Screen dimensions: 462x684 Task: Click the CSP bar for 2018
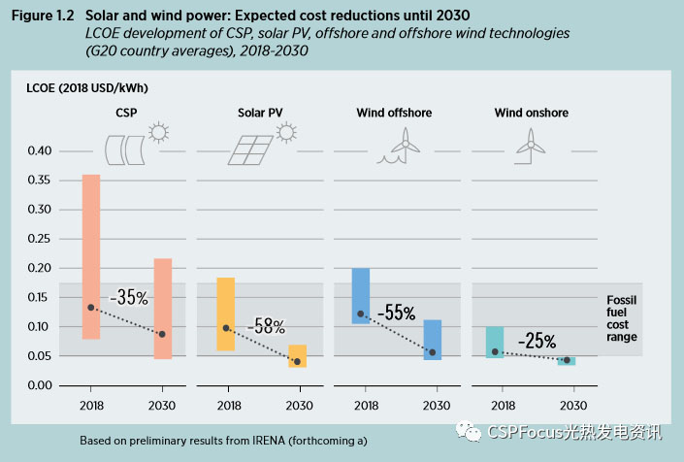click(x=91, y=256)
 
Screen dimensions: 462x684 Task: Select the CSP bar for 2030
click(x=163, y=308)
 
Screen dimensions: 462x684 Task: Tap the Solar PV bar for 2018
click(x=225, y=313)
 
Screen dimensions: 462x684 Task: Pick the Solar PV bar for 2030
click(x=298, y=355)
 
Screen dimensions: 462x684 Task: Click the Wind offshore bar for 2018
click(x=360, y=295)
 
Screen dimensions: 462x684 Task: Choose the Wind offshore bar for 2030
click(x=433, y=340)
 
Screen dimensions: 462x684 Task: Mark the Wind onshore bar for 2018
click(x=495, y=342)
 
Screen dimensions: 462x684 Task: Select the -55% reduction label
click(x=397, y=313)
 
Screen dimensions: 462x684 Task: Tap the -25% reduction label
click(x=536, y=341)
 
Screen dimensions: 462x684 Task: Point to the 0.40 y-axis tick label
click(x=38, y=150)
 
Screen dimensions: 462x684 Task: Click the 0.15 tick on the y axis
click(x=38, y=297)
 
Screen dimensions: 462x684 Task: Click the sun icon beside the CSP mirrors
click(x=158, y=131)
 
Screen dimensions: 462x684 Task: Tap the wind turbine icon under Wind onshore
click(x=530, y=142)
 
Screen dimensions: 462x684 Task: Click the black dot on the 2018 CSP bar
click(x=91, y=308)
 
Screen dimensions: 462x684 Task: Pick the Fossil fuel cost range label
click(x=622, y=317)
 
